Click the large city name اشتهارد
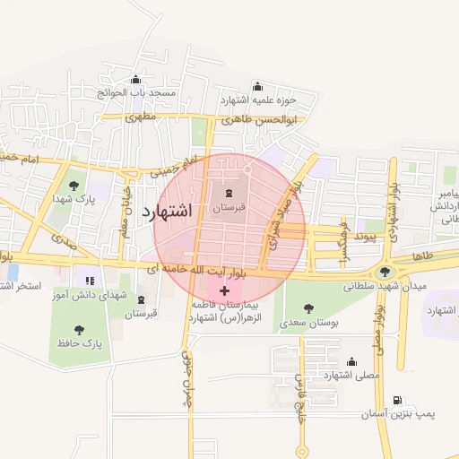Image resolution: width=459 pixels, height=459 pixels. tap(168, 212)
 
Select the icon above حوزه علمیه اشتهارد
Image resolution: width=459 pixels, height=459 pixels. tap(258, 86)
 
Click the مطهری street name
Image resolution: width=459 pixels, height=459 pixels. tap(141, 117)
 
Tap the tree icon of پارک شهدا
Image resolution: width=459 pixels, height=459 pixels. tap(74, 185)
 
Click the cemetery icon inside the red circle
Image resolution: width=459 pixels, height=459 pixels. tap(228, 193)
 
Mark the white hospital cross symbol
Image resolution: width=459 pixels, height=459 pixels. tap(224, 290)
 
